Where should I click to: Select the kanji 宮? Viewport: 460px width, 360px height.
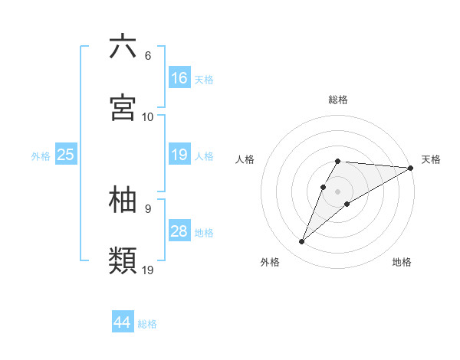123,108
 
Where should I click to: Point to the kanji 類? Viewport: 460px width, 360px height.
123,260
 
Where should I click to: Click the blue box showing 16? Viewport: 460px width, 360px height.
179,77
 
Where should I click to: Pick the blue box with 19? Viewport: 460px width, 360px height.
179,155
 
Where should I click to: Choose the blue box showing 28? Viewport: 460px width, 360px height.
179,231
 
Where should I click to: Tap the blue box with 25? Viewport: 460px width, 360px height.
66,155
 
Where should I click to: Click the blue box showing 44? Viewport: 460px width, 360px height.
123,322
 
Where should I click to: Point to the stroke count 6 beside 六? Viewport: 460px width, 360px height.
147,56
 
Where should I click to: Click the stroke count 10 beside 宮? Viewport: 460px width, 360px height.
148,117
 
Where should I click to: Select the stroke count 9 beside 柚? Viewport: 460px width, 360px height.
147,208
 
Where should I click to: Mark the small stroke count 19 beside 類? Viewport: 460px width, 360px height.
148,270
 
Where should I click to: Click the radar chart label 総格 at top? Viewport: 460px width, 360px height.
338,100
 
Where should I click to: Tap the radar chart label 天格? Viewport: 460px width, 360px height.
431,159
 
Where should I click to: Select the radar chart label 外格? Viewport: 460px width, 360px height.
270,262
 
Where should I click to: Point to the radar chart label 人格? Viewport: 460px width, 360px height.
245,159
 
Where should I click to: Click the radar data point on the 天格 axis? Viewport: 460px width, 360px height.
411,168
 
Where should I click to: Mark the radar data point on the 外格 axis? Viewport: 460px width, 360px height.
302,242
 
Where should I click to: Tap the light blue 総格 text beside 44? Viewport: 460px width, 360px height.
147,324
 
